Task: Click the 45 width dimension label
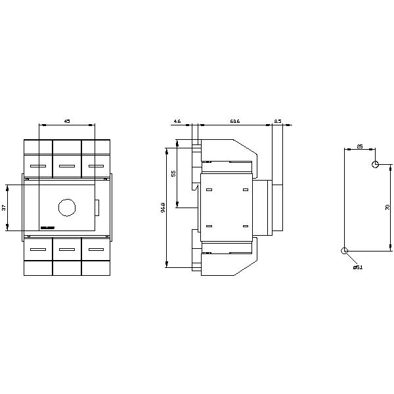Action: pos(67,121)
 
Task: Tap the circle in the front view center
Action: pos(67,208)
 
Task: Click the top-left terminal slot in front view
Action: pos(38,166)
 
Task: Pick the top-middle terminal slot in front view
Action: pos(67,166)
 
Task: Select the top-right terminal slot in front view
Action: pos(96,166)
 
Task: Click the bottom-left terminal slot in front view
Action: pos(38,249)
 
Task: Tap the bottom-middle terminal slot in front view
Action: pos(67,249)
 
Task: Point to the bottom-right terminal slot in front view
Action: pos(96,249)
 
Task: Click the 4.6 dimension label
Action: pos(177,121)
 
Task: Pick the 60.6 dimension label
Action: pos(234,121)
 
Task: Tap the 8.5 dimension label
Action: pos(277,121)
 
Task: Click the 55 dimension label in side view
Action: pos(173,173)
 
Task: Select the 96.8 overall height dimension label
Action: pos(163,208)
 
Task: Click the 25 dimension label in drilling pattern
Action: pos(360,146)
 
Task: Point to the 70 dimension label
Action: pos(387,208)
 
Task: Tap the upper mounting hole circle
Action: pos(375,164)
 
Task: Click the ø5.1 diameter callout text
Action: pos(357,267)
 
